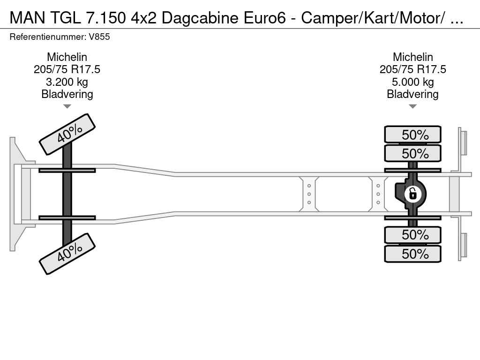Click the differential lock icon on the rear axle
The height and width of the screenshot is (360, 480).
(x=412, y=194)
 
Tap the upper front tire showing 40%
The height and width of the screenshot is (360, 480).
(x=67, y=135)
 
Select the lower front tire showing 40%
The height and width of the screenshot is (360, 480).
(x=67, y=254)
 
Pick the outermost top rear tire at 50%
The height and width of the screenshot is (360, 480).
(x=412, y=135)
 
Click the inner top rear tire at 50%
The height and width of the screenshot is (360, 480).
(x=412, y=153)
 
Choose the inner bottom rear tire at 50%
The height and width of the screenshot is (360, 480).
(x=412, y=235)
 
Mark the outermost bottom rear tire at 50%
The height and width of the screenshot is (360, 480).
(x=412, y=254)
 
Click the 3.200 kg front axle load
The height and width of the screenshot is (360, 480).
(x=67, y=82)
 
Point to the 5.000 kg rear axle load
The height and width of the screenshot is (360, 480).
(x=413, y=82)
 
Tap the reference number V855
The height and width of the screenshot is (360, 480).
(x=99, y=37)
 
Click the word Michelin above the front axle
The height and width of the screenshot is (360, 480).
(x=67, y=57)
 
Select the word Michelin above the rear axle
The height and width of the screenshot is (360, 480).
(x=413, y=57)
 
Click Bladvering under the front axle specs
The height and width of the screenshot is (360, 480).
(x=67, y=94)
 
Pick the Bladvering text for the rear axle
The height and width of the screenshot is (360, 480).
(x=412, y=94)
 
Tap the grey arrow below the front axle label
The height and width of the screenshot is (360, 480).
(x=67, y=106)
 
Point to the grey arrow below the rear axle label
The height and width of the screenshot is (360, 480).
(x=412, y=106)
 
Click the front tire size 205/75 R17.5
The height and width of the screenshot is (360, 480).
(x=67, y=69)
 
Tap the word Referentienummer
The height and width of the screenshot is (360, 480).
(x=48, y=37)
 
